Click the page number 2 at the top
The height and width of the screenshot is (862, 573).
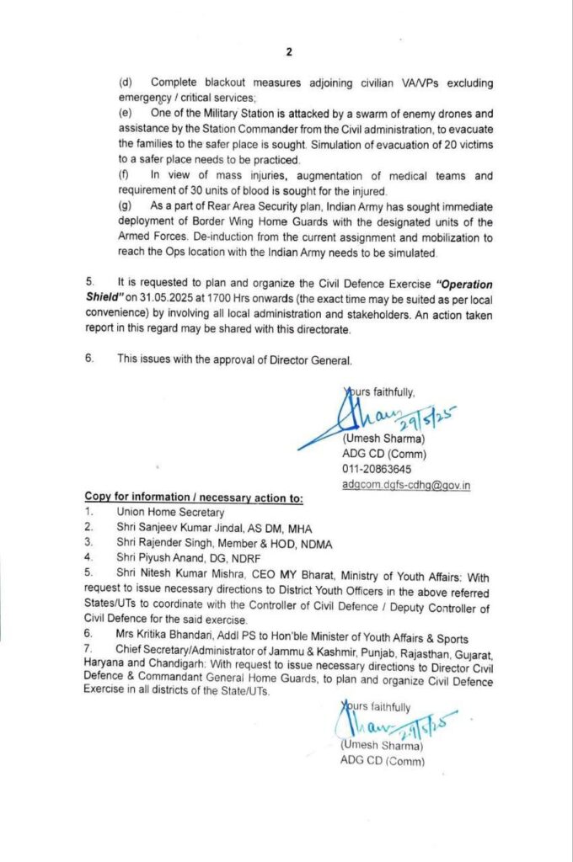click(x=288, y=52)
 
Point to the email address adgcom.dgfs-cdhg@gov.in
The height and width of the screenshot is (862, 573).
click(x=406, y=484)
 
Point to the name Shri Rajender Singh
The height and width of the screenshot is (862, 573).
click(x=165, y=543)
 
